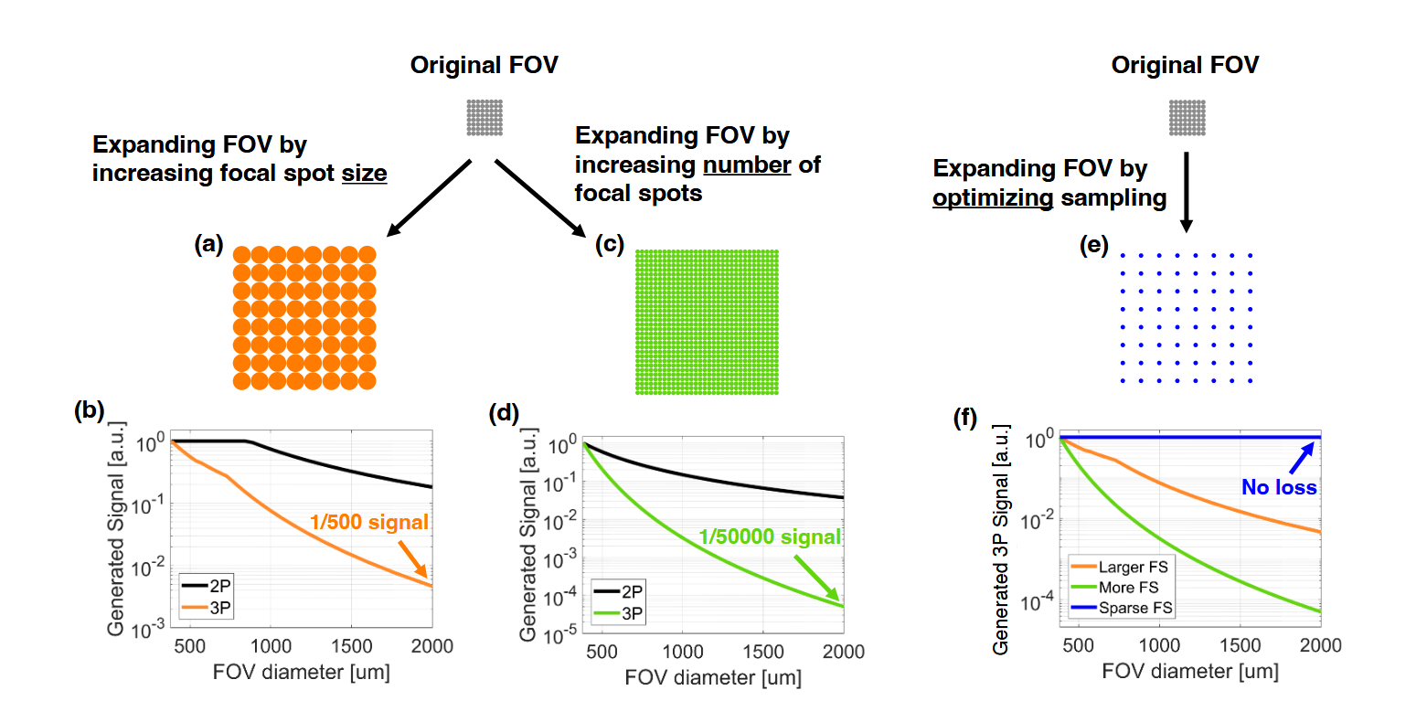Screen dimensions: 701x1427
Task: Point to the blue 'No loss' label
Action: (x=1278, y=487)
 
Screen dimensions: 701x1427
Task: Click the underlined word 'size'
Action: (x=364, y=174)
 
